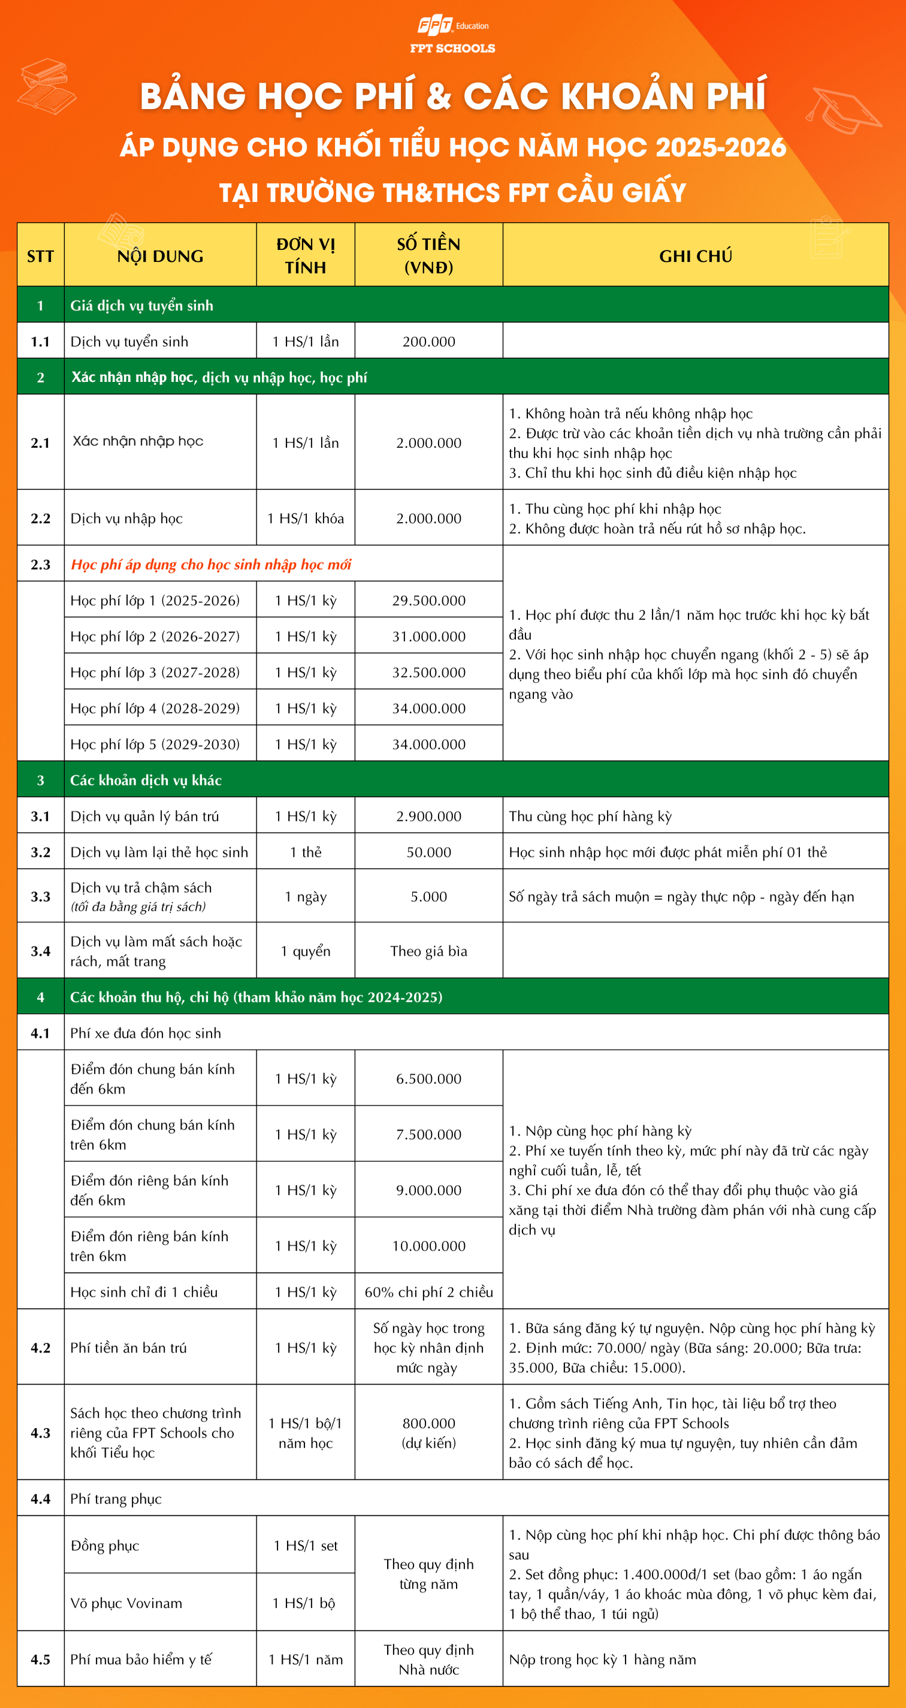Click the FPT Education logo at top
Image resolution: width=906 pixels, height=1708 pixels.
pos(452,35)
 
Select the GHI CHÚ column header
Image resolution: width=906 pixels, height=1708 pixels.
pos(695,256)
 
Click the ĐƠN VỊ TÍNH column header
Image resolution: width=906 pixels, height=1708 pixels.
pos(306,256)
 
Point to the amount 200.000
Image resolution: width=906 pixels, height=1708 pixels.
pos(429,342)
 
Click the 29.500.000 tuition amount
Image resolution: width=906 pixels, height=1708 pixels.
pos(429,601)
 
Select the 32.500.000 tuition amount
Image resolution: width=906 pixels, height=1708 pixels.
pos(429,672)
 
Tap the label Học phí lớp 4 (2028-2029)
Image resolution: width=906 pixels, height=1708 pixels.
pos(155,708)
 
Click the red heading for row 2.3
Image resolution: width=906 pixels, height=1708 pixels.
pos(211,564)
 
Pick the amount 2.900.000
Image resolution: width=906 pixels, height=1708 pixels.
pos(429,816)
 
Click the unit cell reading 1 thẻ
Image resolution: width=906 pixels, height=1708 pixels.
pos(306,852)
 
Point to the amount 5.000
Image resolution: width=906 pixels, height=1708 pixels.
pos(429,896)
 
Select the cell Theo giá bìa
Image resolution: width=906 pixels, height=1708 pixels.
pos(429,951)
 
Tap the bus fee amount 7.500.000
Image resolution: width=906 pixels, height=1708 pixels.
pos(429,1134)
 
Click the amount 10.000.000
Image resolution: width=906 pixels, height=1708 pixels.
pos(429,1246)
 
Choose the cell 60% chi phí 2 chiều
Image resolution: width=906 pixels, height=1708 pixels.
pos(429,1291)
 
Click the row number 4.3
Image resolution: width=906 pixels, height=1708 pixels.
pos(40,1433)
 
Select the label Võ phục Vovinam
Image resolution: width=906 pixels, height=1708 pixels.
pos(126,1602)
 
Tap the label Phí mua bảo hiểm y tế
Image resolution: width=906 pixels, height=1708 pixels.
pos(141,1659)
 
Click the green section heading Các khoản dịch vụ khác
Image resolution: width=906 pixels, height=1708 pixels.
pos(146,781)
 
